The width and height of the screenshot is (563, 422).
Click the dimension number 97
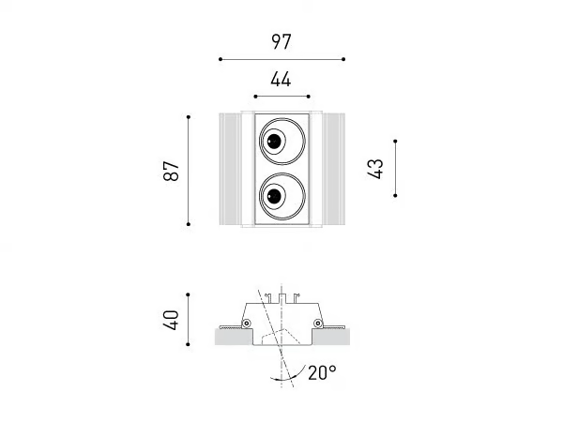click(281, 41)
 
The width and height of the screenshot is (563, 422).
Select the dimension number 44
click(281, 80)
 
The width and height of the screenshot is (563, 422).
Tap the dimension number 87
click(171, 171)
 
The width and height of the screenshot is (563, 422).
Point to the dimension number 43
click(375, 169)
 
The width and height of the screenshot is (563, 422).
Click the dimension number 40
click(171, 320)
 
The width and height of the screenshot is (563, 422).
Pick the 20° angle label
click(322, 372)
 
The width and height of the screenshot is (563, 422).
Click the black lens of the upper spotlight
click(274, 141)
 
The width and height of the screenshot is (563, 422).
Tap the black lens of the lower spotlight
click(274, 196)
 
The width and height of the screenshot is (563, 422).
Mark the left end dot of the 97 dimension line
click(221, 59)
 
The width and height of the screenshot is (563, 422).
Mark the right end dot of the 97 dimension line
click(343, 59)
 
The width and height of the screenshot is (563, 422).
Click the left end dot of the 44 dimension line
click(255, 97)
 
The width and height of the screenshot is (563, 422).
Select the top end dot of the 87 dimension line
click(189, 117)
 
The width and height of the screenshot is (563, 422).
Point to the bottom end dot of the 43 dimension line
click(395, 196)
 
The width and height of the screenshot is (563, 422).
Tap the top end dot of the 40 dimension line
click(188, 294)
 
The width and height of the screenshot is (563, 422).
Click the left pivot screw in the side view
click(246, 324)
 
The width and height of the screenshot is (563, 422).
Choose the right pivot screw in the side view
click(318, 324)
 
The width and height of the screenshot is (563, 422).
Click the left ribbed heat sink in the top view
click(230, 169)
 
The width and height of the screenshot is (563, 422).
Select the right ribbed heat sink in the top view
click(334, 169)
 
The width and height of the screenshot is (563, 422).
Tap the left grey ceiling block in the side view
click(234, 337)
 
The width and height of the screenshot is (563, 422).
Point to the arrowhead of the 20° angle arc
click(273, 377)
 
